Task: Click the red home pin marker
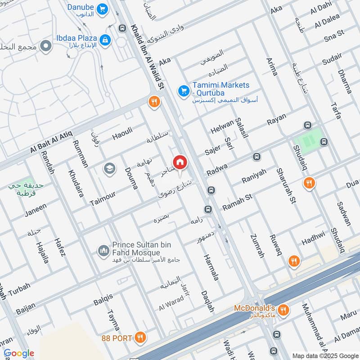tap(180, 162)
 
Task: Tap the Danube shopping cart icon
tap(103, 9)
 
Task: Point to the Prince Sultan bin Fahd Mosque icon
tap(103, 250)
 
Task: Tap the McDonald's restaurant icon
tap(283, 310)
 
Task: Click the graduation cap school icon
tap(108, 169)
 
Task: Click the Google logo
tap(19, 353)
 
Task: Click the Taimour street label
tap(103, 197)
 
